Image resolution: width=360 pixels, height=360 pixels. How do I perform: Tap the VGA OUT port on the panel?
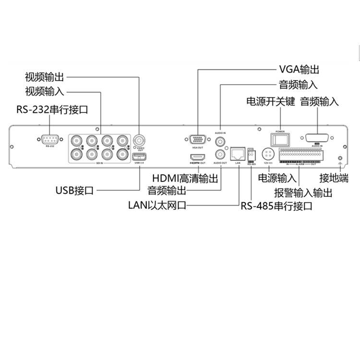pyautogui.click(x=197, y=141)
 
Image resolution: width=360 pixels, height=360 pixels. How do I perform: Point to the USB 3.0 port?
pyautogui.click(x=140, y=156)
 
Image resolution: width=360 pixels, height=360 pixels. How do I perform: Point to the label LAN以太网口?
pyautogui.click(x=156, y=206)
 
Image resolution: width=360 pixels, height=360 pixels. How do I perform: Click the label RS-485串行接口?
pyautogui.click(x=276, y=206)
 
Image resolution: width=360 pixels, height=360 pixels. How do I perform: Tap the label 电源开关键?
pyautogui.click(x=270, y=102)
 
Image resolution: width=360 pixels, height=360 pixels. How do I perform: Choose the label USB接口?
pyautogui.click(x=74, y=191)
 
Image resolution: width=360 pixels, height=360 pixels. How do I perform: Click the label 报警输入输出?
pyautogui.click(x=303, y=193)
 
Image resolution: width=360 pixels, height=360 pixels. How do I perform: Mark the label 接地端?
pyautogui.click(x=334, y=178)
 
